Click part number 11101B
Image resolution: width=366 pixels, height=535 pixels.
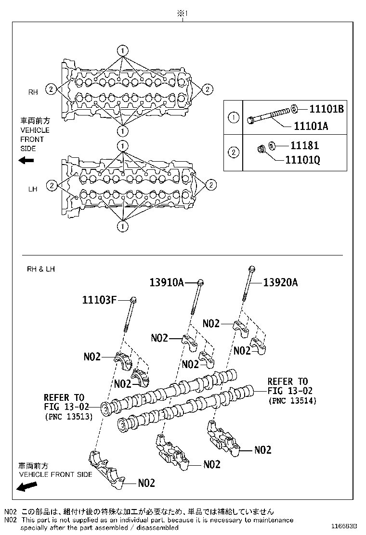point(326,109)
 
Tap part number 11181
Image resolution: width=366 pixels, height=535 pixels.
point(303,145)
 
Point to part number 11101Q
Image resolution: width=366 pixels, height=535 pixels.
point(303,158)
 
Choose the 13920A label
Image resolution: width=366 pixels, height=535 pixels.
point(281,283)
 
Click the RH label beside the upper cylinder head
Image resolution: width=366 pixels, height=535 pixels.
point(33,92)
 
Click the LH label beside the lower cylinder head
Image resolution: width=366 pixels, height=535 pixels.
point(33,189)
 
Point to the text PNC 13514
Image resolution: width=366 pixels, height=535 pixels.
point(292,400)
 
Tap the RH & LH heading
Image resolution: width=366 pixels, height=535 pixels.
point(40,269)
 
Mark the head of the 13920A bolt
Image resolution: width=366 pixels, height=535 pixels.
point(251,268)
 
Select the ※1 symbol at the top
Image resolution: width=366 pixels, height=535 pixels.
point(182,14)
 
